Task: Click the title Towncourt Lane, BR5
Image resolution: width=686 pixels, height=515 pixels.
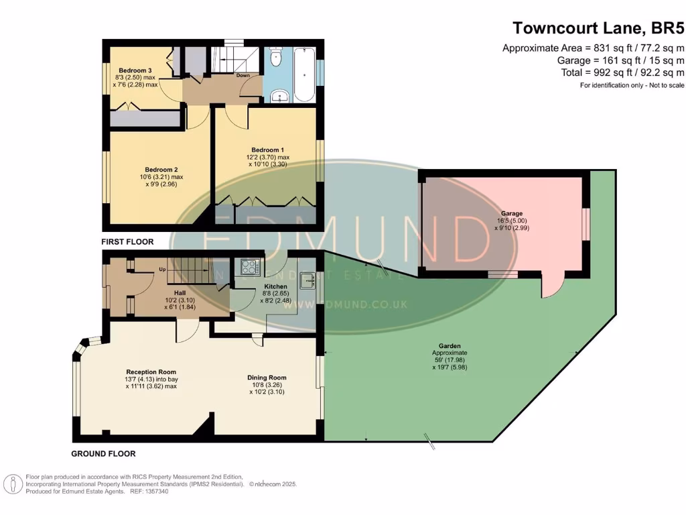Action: point(598,27)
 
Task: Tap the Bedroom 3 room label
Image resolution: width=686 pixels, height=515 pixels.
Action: point(136,70)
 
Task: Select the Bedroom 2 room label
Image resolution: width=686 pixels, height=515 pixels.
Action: point(161,170)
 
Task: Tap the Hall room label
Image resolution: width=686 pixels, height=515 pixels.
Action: point(180,293)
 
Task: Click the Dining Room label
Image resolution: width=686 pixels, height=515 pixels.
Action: point(267,378)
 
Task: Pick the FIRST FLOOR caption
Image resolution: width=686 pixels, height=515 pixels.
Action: point(127,241)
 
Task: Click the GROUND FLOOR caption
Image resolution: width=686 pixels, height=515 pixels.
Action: point(103,454)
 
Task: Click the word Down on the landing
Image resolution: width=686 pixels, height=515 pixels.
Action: point(243,75)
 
